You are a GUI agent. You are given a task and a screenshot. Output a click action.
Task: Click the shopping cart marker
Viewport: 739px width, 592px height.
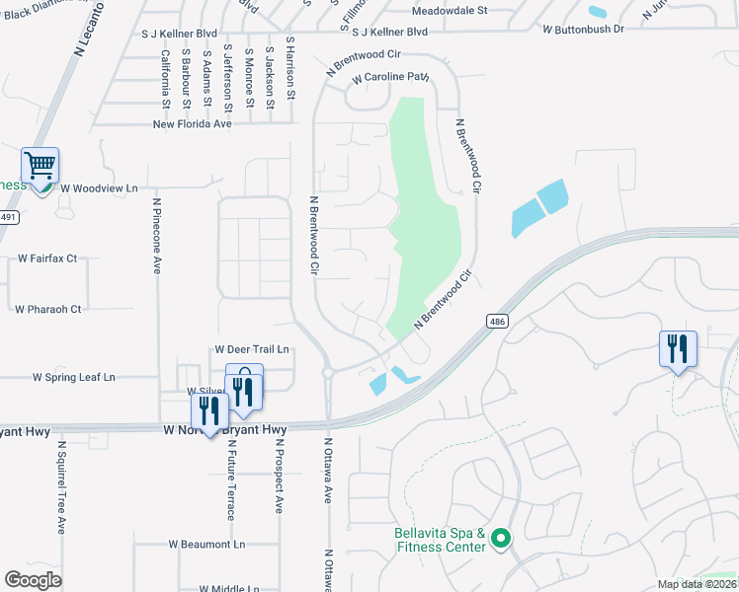(x=41, y=166)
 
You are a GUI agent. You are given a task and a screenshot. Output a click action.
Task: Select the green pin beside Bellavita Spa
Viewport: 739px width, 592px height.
(x=501, y=538)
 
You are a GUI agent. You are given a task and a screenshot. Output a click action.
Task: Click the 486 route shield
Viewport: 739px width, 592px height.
(x=496, y=321)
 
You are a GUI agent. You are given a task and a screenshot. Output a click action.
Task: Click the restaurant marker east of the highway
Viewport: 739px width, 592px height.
(x=679, y=349)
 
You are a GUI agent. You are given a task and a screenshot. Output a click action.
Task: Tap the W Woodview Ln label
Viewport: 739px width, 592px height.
(x=99, y=186)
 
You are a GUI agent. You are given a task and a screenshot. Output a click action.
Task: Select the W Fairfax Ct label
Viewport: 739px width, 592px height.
(x=47, y=259)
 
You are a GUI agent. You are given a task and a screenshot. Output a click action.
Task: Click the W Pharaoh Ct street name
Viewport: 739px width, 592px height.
(x=47, y=309)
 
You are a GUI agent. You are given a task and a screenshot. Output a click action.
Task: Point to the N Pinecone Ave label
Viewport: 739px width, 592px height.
(x=156, y=234)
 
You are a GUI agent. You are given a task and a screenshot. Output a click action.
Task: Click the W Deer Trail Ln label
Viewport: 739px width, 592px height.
(x=252, y=349)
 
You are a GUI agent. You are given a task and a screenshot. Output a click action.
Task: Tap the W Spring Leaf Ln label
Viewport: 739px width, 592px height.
(x=74, y=377)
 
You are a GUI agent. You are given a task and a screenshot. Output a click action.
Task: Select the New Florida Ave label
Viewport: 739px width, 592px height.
(x=192, y=124)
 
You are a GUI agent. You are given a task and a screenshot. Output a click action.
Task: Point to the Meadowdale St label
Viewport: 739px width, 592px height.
(x=450, y=10)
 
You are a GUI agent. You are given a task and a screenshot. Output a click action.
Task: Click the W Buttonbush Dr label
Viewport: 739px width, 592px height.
(x=583, y=30)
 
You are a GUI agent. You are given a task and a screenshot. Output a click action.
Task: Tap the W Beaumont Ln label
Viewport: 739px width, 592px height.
(x=206, y=544)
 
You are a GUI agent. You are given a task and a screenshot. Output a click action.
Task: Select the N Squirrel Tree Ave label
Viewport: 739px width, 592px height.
(x=60, y=486)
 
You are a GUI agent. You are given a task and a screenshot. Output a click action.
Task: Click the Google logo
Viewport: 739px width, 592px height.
(x=33, y=580)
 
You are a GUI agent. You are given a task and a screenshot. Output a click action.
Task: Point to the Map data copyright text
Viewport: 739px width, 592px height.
(x=698, y=584)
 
